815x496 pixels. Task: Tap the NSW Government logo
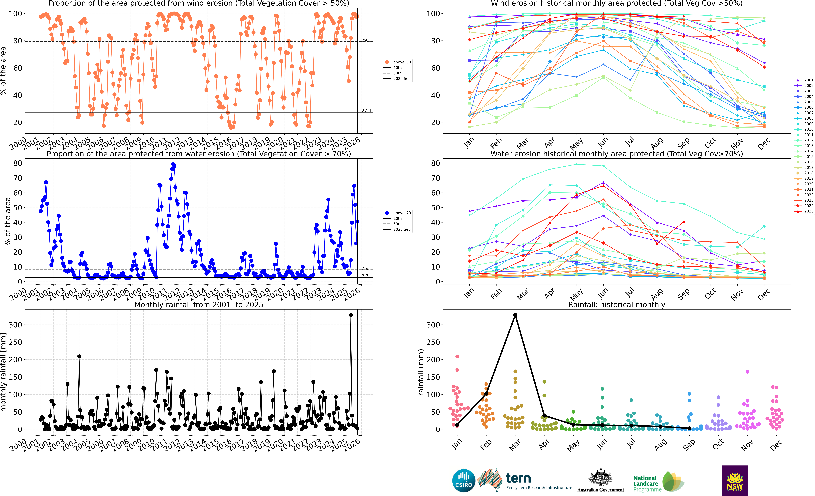735,480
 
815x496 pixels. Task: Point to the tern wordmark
518,478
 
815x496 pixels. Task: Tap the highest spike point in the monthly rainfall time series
351,315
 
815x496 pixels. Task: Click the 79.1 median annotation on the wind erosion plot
366,40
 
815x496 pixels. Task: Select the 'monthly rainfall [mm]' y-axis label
4,372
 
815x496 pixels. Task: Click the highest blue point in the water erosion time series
173,164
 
